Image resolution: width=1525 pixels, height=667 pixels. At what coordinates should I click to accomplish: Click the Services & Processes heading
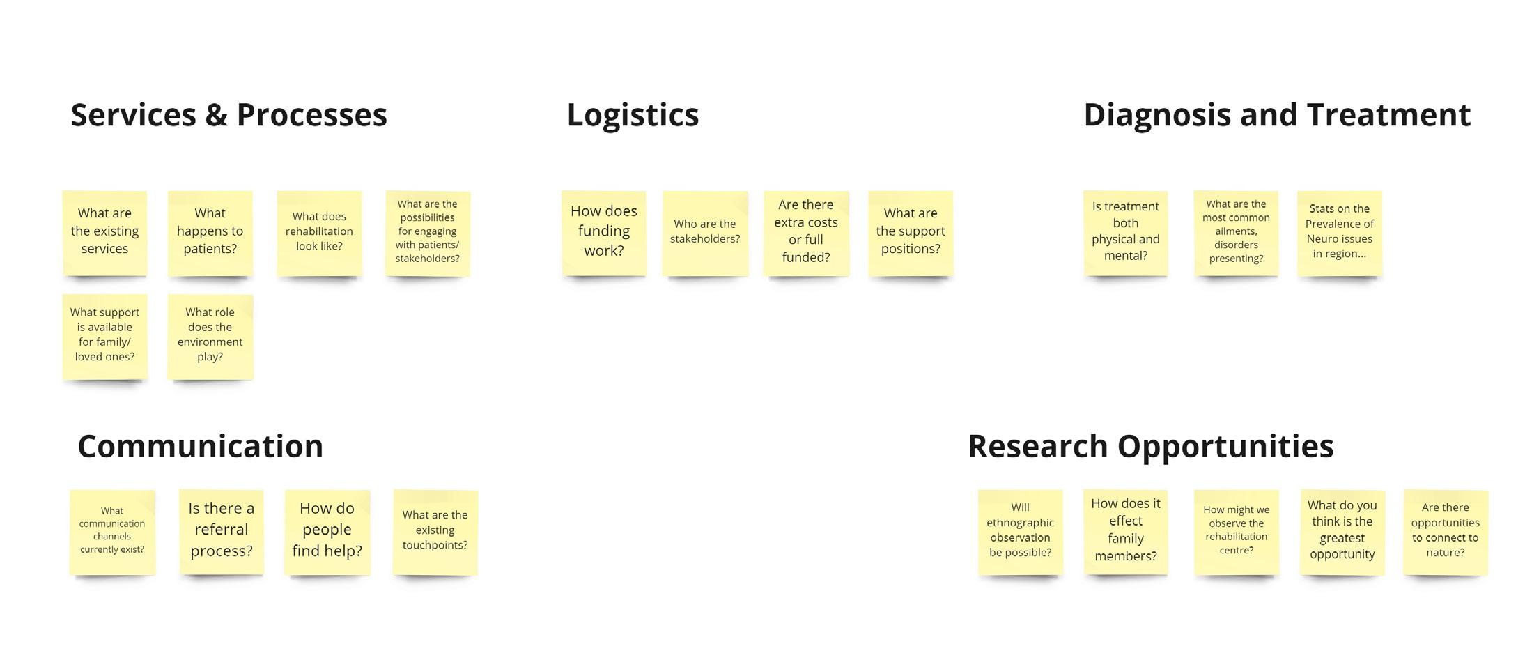(229, 115)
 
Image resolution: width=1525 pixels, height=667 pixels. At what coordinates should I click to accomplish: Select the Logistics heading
(633, 115)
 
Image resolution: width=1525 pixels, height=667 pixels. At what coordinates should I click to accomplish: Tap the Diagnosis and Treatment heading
(1277, 115)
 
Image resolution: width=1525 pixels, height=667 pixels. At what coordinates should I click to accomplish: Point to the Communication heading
(200, 446)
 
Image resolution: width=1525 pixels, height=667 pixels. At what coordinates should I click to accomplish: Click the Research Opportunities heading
(1150, 446)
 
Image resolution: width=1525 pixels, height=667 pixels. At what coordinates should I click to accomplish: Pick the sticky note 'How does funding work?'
(604, 232)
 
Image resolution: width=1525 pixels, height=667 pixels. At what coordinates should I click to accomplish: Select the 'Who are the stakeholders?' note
(705, 232)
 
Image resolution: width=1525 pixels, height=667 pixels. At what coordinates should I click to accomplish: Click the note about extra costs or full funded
(806, 232)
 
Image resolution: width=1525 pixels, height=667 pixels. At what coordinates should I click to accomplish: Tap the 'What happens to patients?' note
(210, 232)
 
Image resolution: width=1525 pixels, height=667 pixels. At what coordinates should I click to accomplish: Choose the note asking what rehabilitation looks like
(319, 232)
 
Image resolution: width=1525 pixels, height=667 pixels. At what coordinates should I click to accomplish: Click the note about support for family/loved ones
(104, 335)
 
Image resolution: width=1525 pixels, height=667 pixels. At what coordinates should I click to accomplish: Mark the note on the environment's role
(210, 335)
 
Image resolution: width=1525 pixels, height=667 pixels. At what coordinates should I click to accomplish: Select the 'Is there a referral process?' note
(221, 530)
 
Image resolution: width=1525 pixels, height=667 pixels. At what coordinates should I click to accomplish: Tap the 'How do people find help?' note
(327, 530)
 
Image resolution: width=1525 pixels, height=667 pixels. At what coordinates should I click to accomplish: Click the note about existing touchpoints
(435, 530)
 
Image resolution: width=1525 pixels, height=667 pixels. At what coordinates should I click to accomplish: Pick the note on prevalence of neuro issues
(1339, 232)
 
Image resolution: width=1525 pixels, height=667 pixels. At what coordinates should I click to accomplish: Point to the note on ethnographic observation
(1020, 530)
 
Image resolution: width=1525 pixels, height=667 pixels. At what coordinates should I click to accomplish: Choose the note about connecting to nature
(1445, 530)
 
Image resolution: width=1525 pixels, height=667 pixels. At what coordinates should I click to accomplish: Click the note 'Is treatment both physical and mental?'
(1125, 232)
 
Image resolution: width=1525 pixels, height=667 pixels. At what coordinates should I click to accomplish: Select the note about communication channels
(112, 530)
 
